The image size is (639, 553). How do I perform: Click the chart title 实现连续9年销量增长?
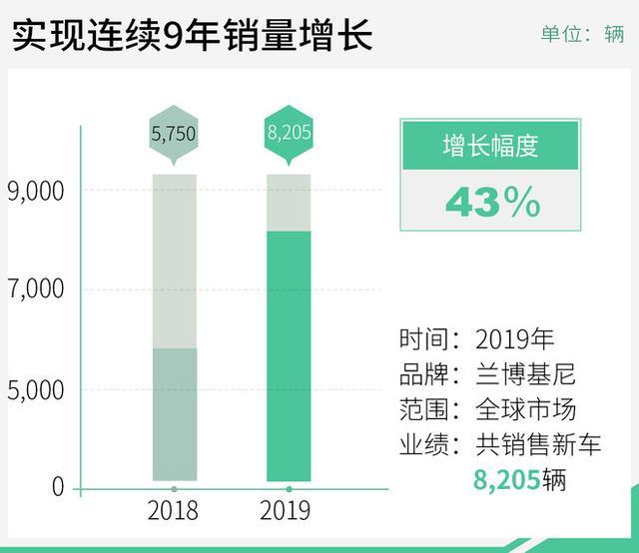[193, 36]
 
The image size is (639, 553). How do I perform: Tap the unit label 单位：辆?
[582, 33]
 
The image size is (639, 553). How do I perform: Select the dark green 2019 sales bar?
[289, 356]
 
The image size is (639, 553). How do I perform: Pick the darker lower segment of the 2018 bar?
[175, 414]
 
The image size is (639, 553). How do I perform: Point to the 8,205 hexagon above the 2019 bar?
[289, 133]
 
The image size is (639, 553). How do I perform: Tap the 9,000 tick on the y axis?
[36, 191]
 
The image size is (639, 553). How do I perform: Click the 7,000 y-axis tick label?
[36, 288]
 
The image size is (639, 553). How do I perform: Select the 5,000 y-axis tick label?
[36, 390]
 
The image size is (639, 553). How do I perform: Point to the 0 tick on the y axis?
[58, 486]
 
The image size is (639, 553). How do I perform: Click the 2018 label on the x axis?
[173, 510]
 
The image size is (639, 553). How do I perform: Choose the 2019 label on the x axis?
[286, 510]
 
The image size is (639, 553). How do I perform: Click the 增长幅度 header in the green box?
[490, 146]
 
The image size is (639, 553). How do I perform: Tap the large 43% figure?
[493, 202]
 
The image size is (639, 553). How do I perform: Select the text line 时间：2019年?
[477, 339]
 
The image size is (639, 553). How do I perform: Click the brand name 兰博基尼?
[526, 374]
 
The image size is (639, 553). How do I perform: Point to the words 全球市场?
[526, 409]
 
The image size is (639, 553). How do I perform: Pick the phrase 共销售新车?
[538, 444]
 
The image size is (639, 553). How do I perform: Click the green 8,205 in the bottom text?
[507, 480]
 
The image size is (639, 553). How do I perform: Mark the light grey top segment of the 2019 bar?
[289, 203]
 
